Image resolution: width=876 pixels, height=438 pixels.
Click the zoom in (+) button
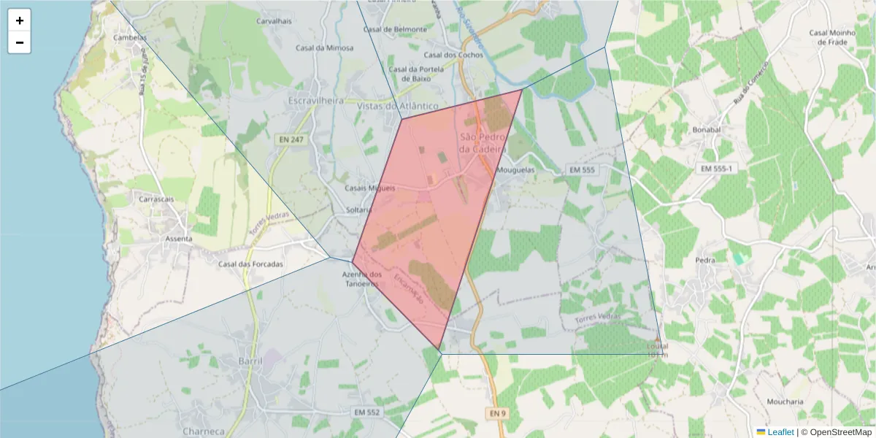[x=20, y=20]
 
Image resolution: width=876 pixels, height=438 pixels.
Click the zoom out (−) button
[x=20, y=42]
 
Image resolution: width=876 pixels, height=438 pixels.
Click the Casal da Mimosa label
[x=324, y=48]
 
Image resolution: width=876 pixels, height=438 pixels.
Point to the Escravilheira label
[x=316, y=100]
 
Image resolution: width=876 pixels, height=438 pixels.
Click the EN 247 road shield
[x=291, y=139]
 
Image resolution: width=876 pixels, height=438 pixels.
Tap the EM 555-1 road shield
[x=716, y=169]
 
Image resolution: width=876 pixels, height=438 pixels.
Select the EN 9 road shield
[x=496, y=413]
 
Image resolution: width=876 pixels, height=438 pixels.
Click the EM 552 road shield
[x=366, y=412]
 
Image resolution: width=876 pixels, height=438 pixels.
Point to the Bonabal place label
[x=706, y=129]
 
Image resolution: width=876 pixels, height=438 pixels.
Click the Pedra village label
[x=705, y=259]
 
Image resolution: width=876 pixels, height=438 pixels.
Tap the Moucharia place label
[x=785, y=401]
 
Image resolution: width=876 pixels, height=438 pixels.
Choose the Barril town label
[x=250, y=361]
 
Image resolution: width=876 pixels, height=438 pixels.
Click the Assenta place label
[x=179, y=239]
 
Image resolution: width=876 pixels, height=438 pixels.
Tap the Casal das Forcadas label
[x=250, y=264]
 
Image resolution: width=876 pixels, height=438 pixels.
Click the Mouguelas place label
[x=515, y=170]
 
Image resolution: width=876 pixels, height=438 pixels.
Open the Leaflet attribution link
[x=780, y=432]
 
